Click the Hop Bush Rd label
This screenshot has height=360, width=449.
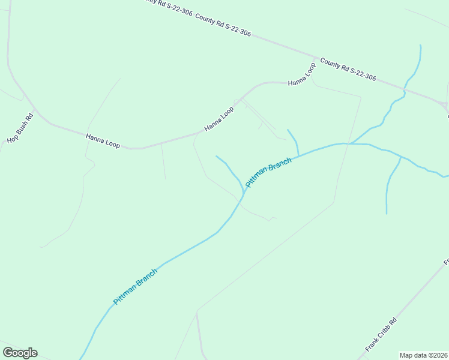coord(20,128)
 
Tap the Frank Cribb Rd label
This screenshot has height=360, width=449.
coord(381,335)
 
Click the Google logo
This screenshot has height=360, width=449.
coord(20,353)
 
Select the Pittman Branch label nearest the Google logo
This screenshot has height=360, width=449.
coord(135,287)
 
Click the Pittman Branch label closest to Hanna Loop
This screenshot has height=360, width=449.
coord(268,172)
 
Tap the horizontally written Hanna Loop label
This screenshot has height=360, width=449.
coord(103,142)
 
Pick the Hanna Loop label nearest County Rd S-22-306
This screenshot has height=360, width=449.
coord(301,74)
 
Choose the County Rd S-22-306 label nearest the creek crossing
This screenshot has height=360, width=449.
coord(348,69)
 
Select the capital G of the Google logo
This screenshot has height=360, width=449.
coord(8,352)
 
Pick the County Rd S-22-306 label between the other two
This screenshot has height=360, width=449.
coord(223,25)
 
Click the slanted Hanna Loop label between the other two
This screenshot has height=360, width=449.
coord(218,119)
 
